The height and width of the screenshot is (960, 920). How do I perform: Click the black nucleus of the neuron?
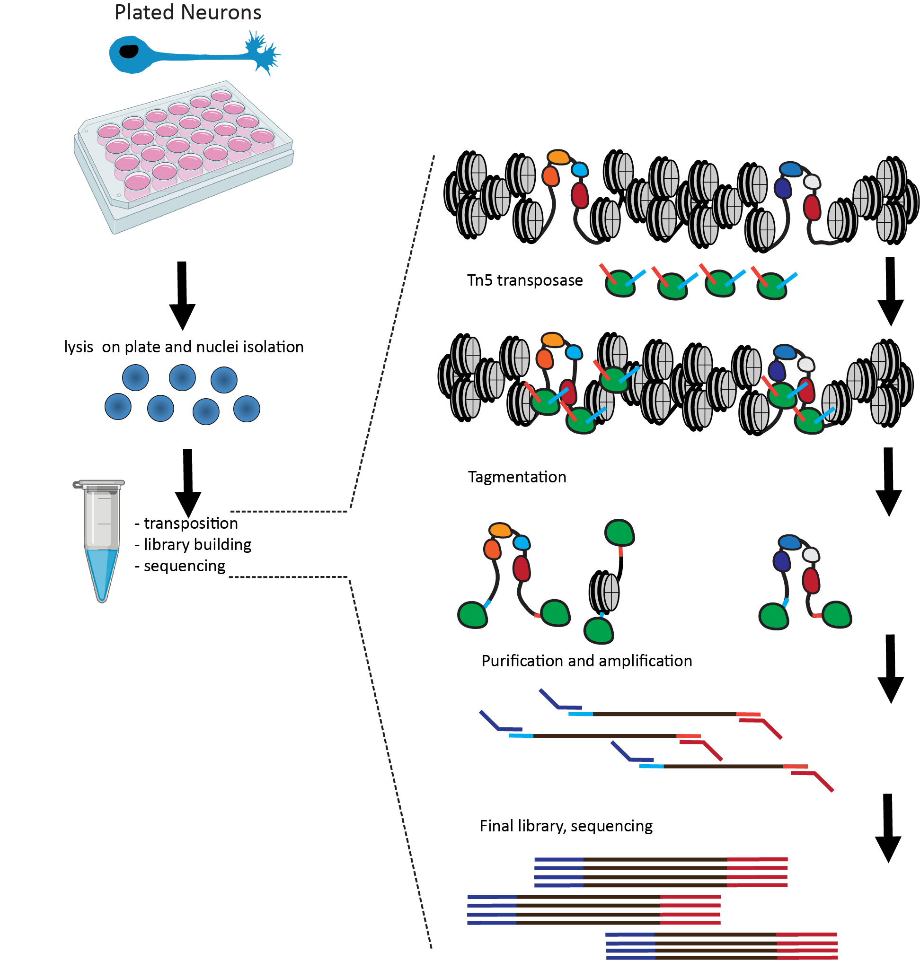tap(129, 51)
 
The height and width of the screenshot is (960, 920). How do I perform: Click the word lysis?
tap(79, 347)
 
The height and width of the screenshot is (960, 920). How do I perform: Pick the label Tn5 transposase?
tap(524, 280)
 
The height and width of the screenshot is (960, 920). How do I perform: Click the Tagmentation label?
tap(517, 477)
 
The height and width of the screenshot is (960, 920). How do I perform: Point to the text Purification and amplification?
tap(586, 661)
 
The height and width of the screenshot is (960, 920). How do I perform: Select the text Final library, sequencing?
tap(566, 826)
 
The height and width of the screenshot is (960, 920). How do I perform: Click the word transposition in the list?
tap(191, 523)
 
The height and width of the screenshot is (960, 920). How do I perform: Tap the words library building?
tap(197, 545)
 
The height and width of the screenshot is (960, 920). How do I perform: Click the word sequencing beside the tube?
tap(184, 566)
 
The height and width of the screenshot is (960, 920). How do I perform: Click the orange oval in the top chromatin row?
tap(558, 157)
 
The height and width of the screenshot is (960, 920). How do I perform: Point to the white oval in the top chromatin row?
tap(812, 182)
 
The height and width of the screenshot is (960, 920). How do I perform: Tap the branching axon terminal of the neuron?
tap(262, 52)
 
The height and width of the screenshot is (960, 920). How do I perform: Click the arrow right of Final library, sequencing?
tap(888, 828)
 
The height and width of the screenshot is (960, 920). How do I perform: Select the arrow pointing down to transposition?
tap(188, 482)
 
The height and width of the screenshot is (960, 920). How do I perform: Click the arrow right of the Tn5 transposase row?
tap(890, 291)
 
